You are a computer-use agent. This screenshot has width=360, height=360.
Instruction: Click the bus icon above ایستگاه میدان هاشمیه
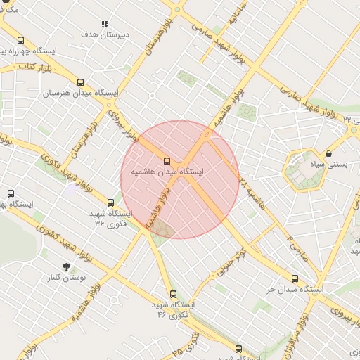[167, 160]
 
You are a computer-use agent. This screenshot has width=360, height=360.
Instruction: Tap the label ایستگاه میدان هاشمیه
[167, 171]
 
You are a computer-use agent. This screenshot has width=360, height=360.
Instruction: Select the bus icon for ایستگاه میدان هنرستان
[81, 82]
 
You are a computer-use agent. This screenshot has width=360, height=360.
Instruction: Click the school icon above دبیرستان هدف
[105, 24]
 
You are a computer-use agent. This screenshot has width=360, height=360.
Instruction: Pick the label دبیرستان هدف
[98, 34]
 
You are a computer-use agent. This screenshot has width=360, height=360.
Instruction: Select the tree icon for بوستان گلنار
[67, 266]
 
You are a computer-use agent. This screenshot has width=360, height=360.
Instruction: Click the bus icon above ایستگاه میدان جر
[294, 278]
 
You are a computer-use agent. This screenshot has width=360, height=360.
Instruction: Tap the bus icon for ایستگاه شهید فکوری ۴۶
[173, 295]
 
